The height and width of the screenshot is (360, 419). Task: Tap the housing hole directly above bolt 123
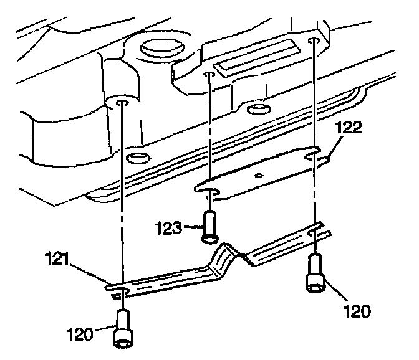[x=209, y=75]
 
